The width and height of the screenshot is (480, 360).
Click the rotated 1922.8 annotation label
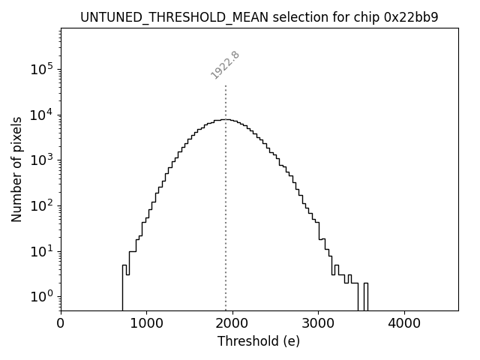225,64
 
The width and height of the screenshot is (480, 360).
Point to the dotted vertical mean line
226,225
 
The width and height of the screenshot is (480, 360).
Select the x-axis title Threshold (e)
259,341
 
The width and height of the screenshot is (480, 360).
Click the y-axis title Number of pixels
16,169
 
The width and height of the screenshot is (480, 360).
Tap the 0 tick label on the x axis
61,324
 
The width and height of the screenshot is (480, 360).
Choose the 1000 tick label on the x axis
146,324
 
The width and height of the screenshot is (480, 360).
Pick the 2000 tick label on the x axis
232,324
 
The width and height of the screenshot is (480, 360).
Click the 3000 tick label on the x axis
318,324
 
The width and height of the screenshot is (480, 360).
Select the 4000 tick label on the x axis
404,324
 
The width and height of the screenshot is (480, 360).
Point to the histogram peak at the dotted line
226,120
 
